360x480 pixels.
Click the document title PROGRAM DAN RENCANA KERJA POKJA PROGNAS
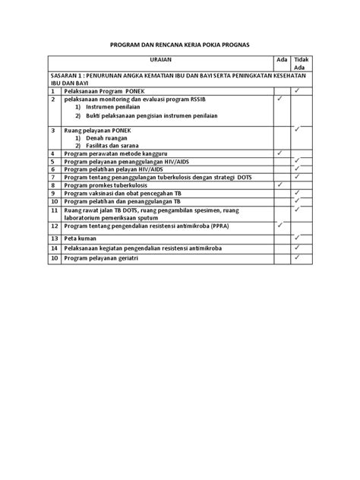click(x=180, y=46)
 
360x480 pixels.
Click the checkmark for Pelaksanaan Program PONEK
click(x=298, y=90)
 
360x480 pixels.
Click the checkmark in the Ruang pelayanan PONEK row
click(x=298, y=129)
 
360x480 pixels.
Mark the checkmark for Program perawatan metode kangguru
click(x=279, y=153)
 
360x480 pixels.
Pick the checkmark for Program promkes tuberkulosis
click(x=279, y=185)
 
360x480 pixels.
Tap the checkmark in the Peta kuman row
click(x=298, y=237)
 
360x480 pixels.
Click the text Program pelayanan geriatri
click(x=105, y=258)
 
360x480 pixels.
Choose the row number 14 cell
click(x=55, y=248)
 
